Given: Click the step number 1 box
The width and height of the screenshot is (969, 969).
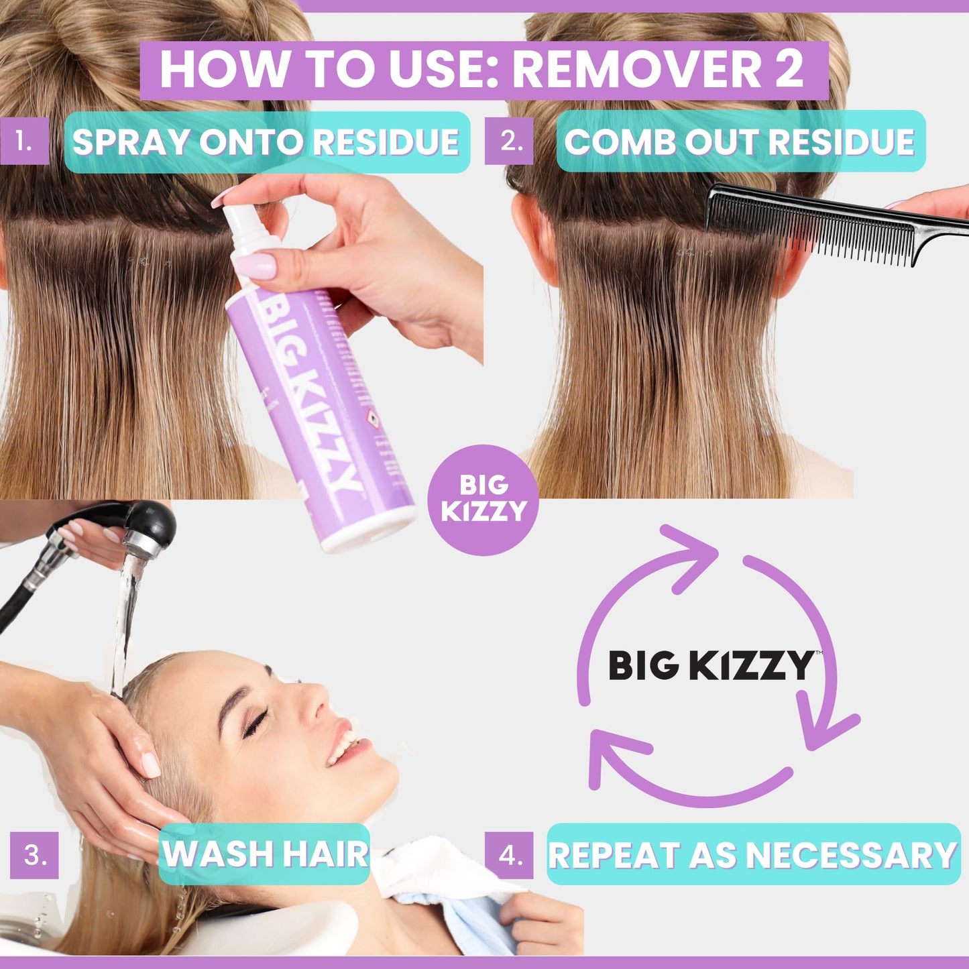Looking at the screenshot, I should [24, 141].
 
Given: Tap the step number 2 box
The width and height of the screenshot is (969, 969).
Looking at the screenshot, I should [509, 141].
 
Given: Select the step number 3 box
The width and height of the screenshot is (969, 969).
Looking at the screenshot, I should [34, 855].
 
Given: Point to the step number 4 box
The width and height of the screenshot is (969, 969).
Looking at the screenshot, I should [509, 855].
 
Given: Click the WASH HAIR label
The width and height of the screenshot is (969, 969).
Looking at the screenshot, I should [265, 854].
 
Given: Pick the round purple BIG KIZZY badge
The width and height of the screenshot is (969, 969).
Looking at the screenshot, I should [483, 500].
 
